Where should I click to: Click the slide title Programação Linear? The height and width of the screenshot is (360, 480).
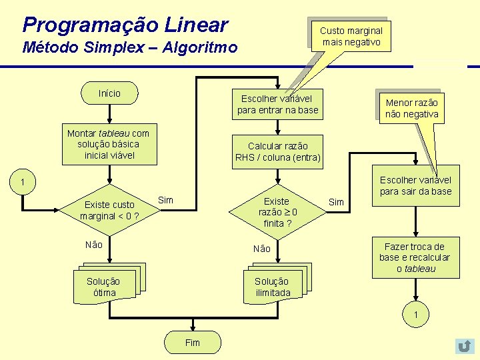pyautogui.click(x=125, y=25)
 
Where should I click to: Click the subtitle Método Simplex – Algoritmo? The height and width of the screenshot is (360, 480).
pyautogui.click(x=129, y=48)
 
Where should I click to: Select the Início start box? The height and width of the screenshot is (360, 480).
pyautogui.click(x=109, y=93)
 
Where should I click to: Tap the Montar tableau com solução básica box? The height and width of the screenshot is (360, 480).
pyautogui.click(x=108, y=144)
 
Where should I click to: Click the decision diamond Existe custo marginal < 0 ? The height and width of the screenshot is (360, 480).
pyautogui.click(x=109, y=210)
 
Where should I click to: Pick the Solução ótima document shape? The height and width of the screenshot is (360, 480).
pyautogui.click(x=105, y=285)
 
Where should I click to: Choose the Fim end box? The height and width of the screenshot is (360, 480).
pyautogui.click(x=192, y=343)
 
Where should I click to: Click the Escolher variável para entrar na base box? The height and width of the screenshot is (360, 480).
pyautogui.click(x=278, y=104)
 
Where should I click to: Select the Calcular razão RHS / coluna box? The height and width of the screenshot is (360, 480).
pyautogui.click(x=278, y=151)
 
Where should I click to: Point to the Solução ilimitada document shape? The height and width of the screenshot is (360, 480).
pyautogui.click(x=273, y=285)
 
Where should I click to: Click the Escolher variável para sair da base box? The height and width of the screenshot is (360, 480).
pyautogui.click(x=415, y=185)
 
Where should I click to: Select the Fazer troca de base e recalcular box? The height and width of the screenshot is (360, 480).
pyautogui.click(x=415, y=257)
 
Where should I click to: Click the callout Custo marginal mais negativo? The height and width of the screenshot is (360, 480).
pyautogui.click(x=351, y=36)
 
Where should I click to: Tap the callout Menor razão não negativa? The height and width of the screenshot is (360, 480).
pyautogui.click(x=411, y=108)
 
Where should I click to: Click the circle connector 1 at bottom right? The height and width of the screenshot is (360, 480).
pyautogui.click(x=415, y=315)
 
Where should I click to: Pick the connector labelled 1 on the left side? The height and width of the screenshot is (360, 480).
pyautogui.click(x=22, y=182)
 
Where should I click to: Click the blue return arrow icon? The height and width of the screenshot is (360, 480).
pyautogui.click(x=464, y=346)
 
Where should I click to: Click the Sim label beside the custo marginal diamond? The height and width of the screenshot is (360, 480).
pyautogui.click(x=166, y=200)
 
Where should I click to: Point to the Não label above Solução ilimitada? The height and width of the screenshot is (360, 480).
pyautogui.click(x=262, y=249)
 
